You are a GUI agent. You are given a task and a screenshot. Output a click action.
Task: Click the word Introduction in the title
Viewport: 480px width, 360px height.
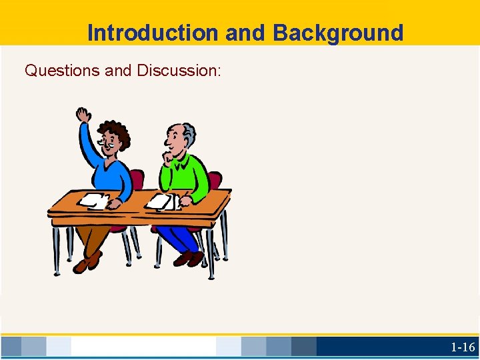pos(152,32)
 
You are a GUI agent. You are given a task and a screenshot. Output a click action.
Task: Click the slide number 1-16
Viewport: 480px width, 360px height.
pos(463,347)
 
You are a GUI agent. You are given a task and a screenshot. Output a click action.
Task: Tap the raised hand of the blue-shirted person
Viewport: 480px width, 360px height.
pos(83,115)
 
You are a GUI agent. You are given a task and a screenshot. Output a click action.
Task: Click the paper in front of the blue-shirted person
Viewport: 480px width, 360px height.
pos(93,200)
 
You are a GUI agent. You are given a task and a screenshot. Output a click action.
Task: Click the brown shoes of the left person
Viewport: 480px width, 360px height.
pos(87,261)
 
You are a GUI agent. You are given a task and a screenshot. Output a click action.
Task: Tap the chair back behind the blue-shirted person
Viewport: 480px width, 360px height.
pos(136,180)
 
